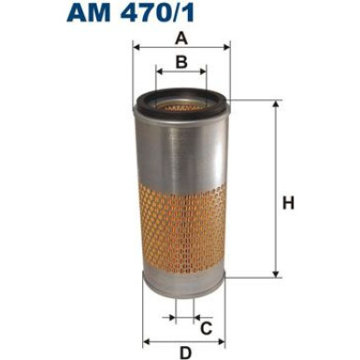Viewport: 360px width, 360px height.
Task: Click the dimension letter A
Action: point(180,38)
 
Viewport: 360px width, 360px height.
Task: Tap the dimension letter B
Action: point(181,63)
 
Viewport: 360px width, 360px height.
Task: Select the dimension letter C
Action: point(206,326)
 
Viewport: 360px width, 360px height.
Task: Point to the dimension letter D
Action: point(185,352)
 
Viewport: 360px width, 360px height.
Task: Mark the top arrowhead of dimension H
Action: point(276,104)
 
